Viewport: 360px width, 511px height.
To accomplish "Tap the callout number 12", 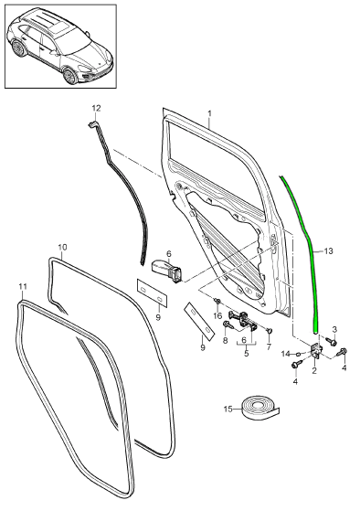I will [x=95, y=109].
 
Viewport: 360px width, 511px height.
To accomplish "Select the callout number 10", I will [x=62, y=247].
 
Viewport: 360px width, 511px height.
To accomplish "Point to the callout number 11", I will [x=23, y=287].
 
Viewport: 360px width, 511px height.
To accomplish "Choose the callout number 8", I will [x=225, y=340].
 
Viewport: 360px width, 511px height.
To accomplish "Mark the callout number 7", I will [x=269, y=346].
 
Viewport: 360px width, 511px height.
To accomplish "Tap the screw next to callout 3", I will [x=333, y=341].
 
